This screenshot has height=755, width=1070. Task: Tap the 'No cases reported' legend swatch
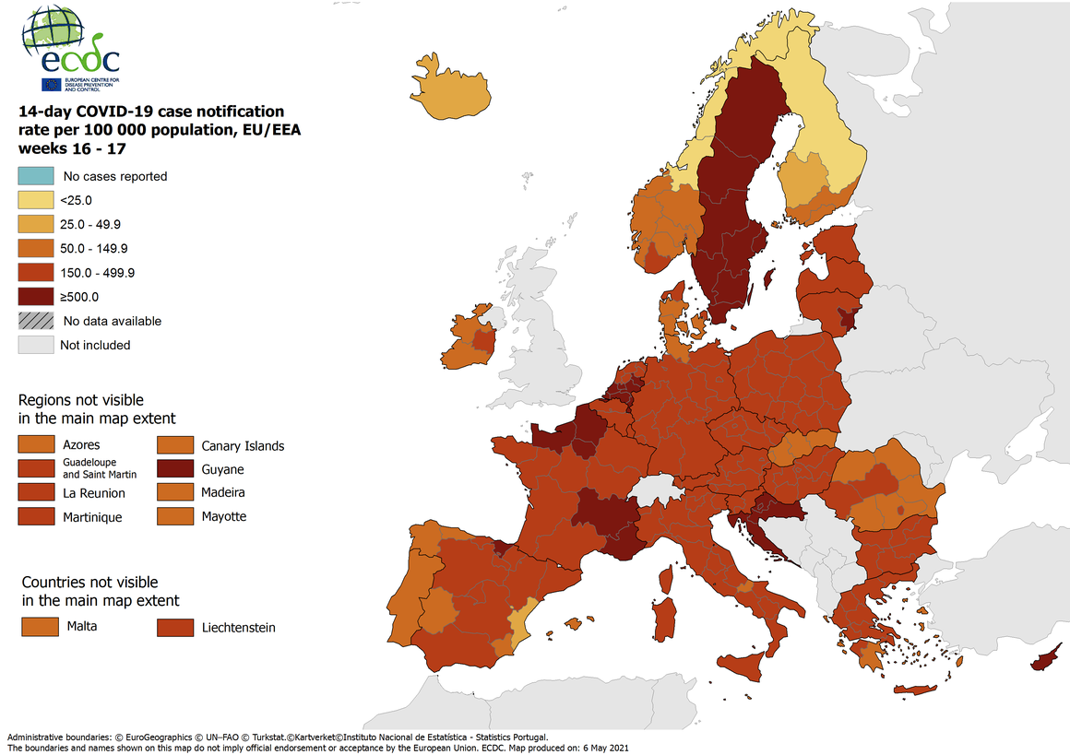[35, 175]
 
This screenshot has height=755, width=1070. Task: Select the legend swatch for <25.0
[35, 199]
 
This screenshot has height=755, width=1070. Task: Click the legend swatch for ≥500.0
[35, 297]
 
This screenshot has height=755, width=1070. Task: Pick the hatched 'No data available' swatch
[35, 321]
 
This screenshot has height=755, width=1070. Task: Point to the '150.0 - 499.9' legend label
[98, 273]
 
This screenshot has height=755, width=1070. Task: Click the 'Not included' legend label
[95, 345]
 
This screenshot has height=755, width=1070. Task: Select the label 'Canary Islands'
[243, 446]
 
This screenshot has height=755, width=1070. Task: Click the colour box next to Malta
[35, 627]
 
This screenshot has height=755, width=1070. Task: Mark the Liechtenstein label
[238, 628]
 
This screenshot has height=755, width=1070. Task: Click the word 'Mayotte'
[224, 516]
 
